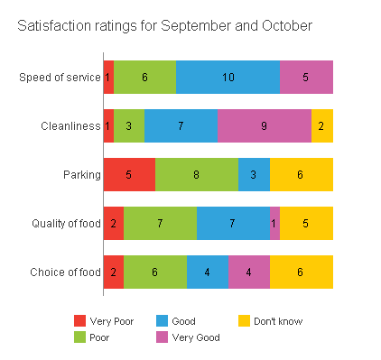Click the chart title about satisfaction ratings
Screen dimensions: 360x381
(165, 27)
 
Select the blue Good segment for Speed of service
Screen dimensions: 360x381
(228, 78)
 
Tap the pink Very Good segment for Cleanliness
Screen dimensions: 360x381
(265, 126)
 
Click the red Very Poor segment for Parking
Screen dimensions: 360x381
(129, 174)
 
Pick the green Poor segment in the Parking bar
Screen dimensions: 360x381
(196, 174)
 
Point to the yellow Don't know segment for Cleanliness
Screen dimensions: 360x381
(322, 126)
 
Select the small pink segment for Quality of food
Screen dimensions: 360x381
(274, 223)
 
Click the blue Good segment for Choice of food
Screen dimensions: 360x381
(208, 272)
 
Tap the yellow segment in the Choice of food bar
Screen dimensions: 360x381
(302, 272)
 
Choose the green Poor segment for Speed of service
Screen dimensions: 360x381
(144, 78)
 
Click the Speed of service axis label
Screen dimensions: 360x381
(60, 78)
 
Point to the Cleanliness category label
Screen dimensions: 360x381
(70, 126)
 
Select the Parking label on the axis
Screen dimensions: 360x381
(81, 174)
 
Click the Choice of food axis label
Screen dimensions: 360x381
(65, 272)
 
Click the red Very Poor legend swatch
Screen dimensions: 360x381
(79, 321)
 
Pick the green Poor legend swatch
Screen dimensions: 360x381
(79, 337)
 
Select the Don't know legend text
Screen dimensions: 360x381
(277, 321)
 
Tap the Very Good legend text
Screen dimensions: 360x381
(196, 337)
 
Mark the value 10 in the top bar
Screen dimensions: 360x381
(228, 78)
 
